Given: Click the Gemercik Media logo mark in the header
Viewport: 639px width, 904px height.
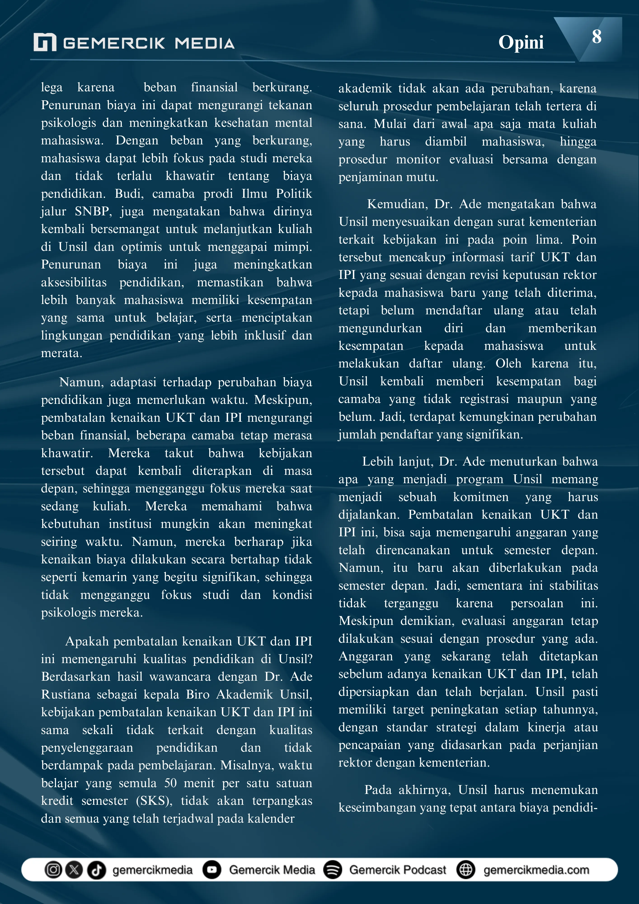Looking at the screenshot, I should (45, 42).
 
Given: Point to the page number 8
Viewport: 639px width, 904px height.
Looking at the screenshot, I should (597, 37).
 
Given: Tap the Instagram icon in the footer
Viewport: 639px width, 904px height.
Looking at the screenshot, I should (53, 869).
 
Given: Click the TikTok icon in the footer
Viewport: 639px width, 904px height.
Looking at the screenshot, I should (96, 869).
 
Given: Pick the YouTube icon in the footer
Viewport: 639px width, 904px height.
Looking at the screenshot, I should (212, 869).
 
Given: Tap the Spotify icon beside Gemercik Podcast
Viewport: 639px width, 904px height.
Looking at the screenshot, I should (333, 869).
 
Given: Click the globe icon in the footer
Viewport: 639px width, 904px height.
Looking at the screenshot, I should (466, 869).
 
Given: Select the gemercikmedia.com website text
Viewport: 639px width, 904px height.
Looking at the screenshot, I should (536, 869).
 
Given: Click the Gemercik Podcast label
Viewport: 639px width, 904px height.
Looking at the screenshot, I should (398, 869).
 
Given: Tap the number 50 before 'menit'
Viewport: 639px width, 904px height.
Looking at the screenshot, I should (170, 783).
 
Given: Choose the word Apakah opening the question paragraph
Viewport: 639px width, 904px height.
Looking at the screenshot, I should (87, 641).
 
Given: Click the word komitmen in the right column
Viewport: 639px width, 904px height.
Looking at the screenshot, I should (481, 497).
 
